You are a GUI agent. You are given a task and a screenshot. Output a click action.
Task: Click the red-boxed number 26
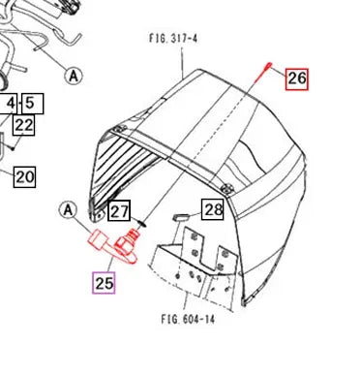point(296,78)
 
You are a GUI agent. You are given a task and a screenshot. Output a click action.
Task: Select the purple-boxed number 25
point(105,283)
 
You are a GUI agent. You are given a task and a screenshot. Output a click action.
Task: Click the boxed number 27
point(119,211)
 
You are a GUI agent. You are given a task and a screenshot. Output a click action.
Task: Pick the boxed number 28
point(213,208)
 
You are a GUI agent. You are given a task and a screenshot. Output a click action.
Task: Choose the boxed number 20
point(24,175)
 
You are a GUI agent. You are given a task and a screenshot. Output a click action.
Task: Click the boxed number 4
point(11,102)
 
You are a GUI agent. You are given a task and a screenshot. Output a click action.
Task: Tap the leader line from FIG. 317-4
point(183,60)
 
